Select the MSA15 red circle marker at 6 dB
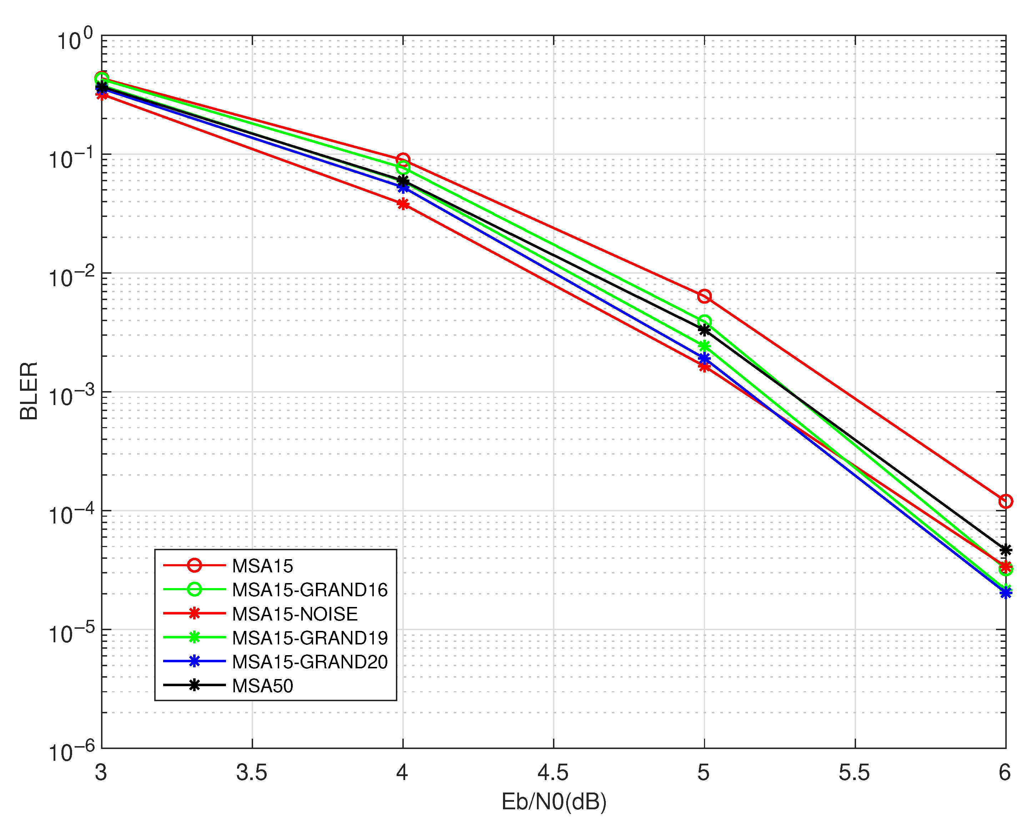click(x=1005, y=501)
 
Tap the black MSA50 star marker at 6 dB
click(x=1005, y=550)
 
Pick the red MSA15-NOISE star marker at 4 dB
click(x=403, y=204)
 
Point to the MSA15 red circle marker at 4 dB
click(x=403, y=160)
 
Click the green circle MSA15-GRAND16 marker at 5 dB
click(x=704, y=321)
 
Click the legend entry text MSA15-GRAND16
click(x=310, y=590)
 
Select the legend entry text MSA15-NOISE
click(x=295, y=614)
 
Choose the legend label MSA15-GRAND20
click(x=310, y=662)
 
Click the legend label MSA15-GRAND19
click(x=310, y=638)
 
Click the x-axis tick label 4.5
click(x=553, y=773)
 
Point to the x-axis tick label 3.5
click(x=252, y=773)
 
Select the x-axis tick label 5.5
click(x=854, y=773)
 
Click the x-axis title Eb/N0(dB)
click(x=553, y=802)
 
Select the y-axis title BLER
click(x=29, y=391)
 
